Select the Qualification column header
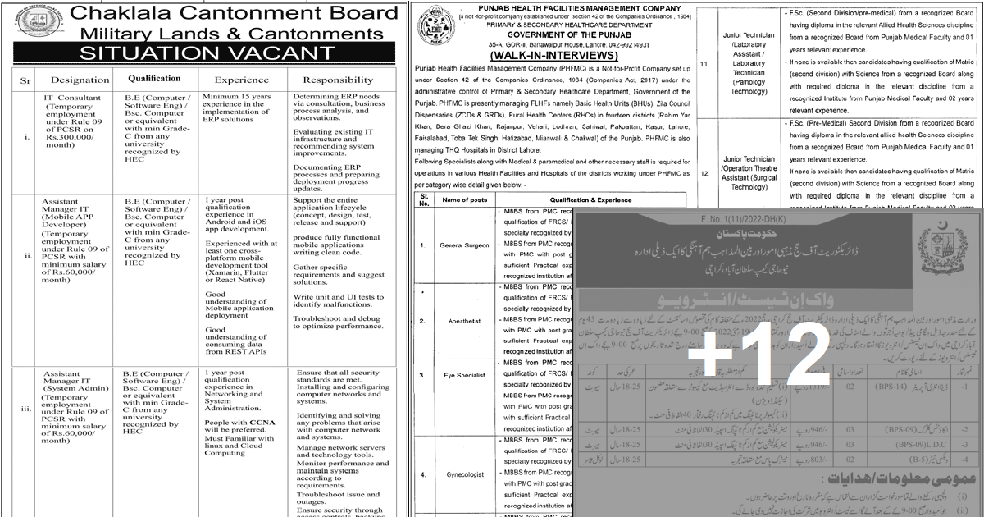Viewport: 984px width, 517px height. click(154, 79)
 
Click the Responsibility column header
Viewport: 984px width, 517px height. click(339, 80)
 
